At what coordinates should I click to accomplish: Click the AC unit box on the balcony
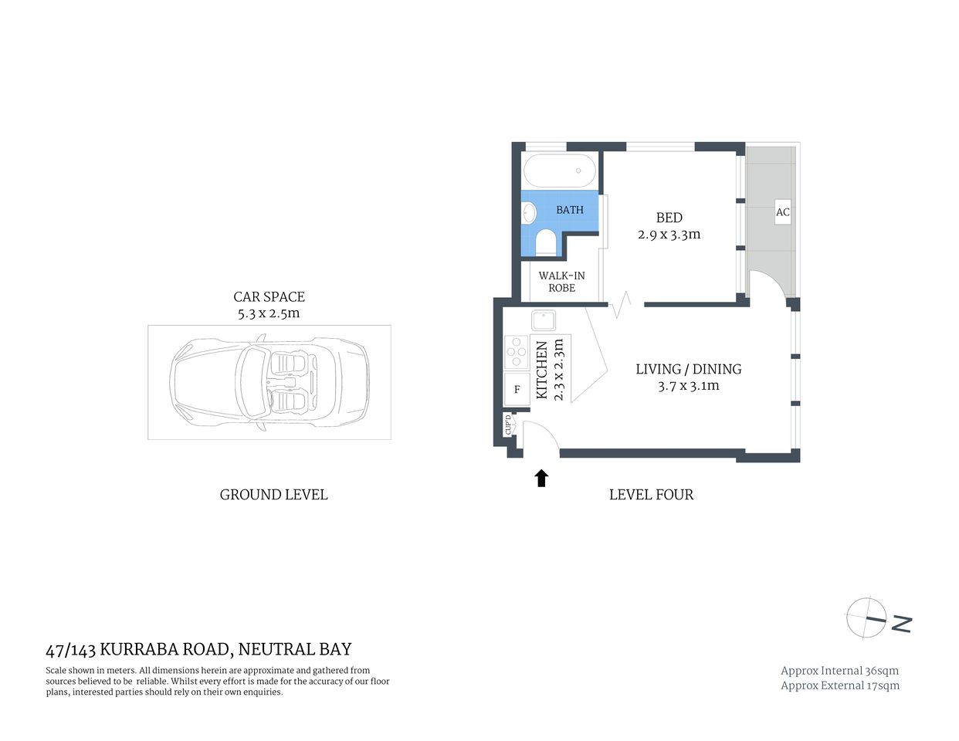pyautogui.click(x=783, y=212)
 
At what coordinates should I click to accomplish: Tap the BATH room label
pyautogui.click(x=570, y=210)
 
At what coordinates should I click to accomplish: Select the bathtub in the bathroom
pyautogui.click(x=560, y=171)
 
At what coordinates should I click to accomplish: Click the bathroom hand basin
pyautogui.click(x=530, y=212)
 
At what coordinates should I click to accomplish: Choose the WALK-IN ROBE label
pyautogui.click(x=561, y=282)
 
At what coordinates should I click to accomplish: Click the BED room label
pyautogui.click(x=669, y=218)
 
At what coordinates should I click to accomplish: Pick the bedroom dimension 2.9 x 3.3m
pyautogui.click(x=669, y=235)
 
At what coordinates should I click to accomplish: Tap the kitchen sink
pyautogui.click(x=544, y=320)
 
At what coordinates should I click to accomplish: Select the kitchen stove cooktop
pyautogui.click(x=516, y=353)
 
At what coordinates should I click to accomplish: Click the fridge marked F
pyautogui.click(x=517, y=389)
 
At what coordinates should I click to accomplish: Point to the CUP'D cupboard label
pyautogui.click(x=508, y=425)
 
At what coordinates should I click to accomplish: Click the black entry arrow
pyautogui.click(x=541, y=479)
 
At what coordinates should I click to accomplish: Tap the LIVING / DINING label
pyautogui.click(x=688, y=369)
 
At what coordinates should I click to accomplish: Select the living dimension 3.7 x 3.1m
pyautogui.click(x=688, y=386)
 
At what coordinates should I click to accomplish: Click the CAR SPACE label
pyautogui.click(x=269, y=296)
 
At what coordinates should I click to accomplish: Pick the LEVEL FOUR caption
pyautogui.click(x=651, y=495)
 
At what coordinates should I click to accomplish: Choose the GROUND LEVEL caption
pyautogui.click(x=273, y=495)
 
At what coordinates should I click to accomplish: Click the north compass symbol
pyautogui.click(x=866, y=618)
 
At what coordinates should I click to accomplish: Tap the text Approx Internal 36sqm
pyautogui.click(x=839, y=671)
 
